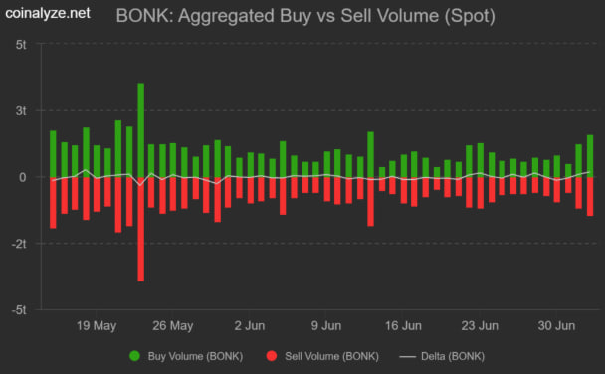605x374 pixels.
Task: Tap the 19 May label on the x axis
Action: coord(97,325)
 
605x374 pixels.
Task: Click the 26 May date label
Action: coord(173,325)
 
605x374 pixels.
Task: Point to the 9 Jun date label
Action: coord(326,325)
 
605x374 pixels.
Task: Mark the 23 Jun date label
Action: coord(480,325)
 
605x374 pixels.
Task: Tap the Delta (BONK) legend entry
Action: coord(447,355)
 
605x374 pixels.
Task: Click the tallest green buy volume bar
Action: coord(140,129)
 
